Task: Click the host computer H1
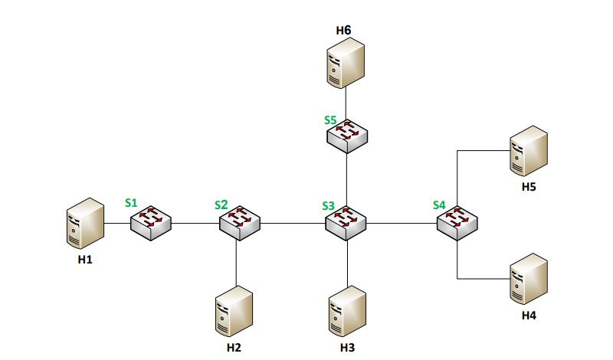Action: point(85,223)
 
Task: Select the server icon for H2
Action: point(234,311)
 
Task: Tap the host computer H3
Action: point(347,311)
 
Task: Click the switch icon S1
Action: point(150,223)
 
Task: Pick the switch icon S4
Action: point(457,223)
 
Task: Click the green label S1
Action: point(131,204)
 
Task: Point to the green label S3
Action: point(328,205)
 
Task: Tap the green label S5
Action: point(329,120)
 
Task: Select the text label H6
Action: point(343,30)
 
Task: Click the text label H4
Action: point(528,315)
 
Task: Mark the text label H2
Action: point(234,348)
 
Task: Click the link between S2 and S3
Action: point(293,224)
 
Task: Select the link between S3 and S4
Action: point(402,224)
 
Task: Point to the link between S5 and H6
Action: point(346,103)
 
